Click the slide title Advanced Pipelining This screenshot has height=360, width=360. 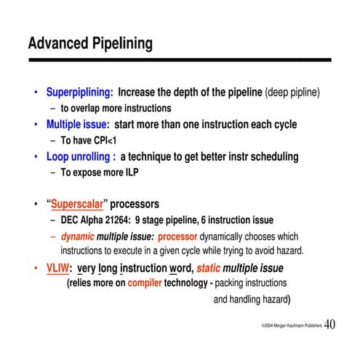click(x=90, y=44)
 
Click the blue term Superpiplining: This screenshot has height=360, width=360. click(x=79, y=93)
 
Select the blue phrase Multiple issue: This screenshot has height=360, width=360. click(x=78, y=124)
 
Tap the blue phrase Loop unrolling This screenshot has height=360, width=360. click(x=79, y=156)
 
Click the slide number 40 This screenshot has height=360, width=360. click(x=329, y=324)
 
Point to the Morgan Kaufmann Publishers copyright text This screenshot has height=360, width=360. click(x=286, y=327)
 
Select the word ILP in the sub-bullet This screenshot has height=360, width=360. click(x=128, y=172)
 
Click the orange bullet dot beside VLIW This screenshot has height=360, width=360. click(x=36, y=268)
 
